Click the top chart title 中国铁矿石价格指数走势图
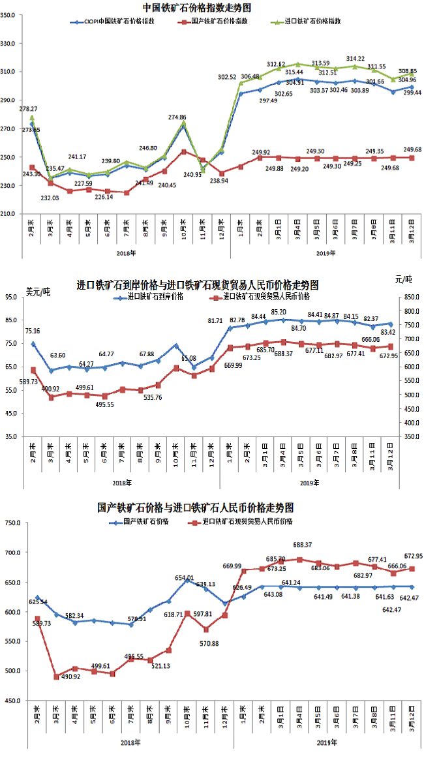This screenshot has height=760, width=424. click(197, 8)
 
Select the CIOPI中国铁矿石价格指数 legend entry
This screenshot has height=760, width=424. click(117, 21)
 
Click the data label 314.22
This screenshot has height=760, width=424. click(356, 58)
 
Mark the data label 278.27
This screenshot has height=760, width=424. click(28, 109)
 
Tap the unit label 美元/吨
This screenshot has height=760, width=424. click(38, 291)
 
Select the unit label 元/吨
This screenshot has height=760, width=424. click(404, 279)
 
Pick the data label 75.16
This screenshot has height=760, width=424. click(33, 331)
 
